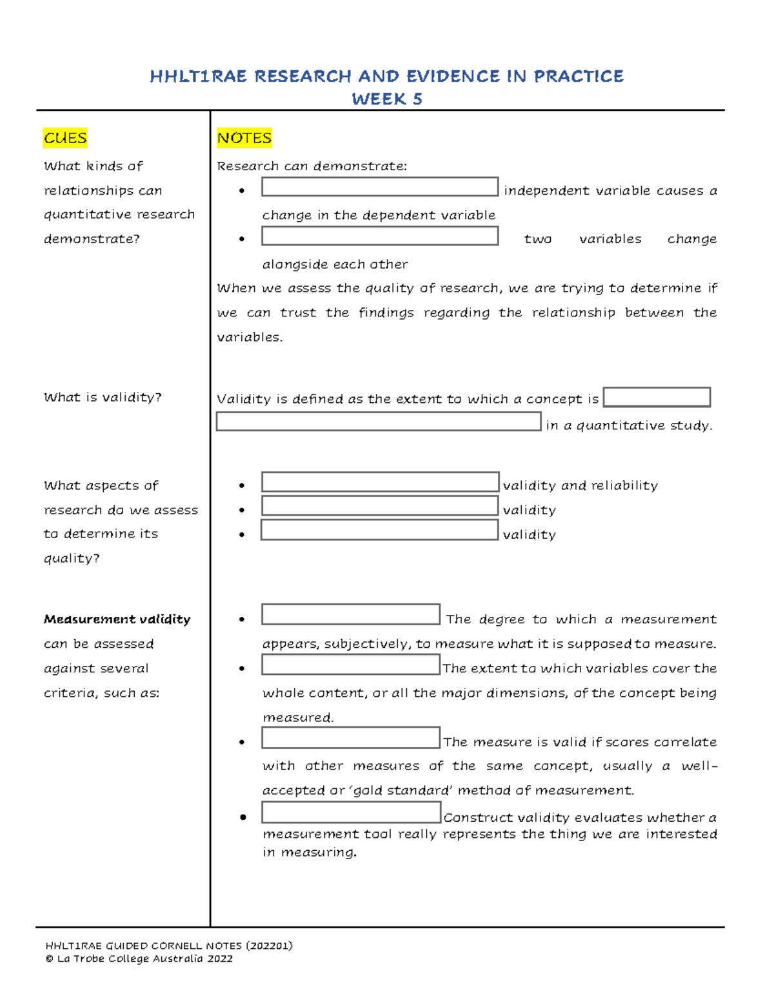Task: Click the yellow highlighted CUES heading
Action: pos(65,138)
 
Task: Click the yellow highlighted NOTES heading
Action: pos(244,138)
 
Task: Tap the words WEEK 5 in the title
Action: pos(387,99)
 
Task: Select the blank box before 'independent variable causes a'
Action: pos(379,187)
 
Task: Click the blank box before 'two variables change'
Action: pos(379,236)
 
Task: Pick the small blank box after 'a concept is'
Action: pos(657,397)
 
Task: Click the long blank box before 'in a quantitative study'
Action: pos(379,422)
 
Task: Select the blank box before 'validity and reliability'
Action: pos(379,482)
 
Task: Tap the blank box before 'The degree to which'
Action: pos(351,614)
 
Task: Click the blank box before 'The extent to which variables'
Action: pos(351,665)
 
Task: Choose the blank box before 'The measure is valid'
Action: pos(351,738)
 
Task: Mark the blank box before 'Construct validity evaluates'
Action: pos(351,813)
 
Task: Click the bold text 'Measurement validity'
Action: pos(117,619)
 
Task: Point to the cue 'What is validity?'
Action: pos(103,398)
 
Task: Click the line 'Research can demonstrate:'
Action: pos(312,166)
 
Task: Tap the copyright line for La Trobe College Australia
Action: pos(139,958)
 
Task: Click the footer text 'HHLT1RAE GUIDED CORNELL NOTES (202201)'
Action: pos(169,946)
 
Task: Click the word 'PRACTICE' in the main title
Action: pos(579,77)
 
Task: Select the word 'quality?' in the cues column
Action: pos(72,558)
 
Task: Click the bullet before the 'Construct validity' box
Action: pos(243,817)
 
